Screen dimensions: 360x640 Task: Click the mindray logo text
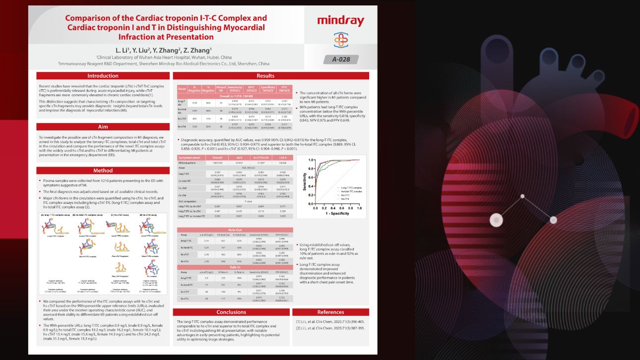pyautogui.click(x=340, y=21)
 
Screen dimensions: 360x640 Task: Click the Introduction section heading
pyautogui.click(x=103, y=76)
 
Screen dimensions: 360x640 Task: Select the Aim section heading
pyautogui.click(x=103, y=127)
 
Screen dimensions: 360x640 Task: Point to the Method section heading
pyautogui.click(x=103, y=171)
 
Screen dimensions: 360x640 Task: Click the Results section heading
pyautogui.click(x=270, y=76)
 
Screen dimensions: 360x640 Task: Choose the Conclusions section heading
pyautogui.click(x=231, y=312)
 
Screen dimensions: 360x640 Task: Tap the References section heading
pyautogui.click(x=330, y=312)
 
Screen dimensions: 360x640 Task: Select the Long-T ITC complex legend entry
pyautogui.click(x=351, y=188)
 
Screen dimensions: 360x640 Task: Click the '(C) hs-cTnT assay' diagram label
pyautogui.click(x=120, y=215)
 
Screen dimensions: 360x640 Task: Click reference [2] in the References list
pyautogui.click(x=330, y=328)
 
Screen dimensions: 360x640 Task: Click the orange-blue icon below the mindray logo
pyautogui.click(x=340, y=40)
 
